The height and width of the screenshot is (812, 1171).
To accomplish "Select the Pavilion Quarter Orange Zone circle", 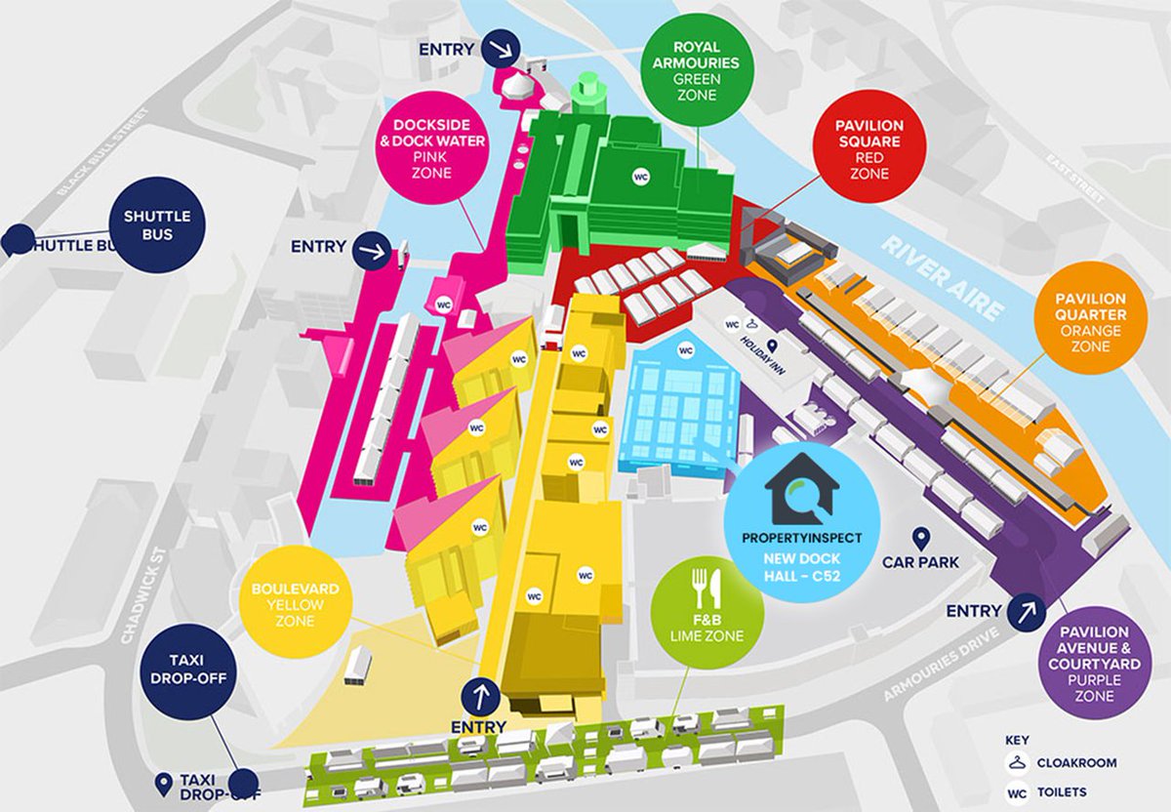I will click(x=1089, y=315).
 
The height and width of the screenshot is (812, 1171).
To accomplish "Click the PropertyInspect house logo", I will click(x=801, y=487).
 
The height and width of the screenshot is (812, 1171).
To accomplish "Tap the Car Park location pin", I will click(x=918, y=539).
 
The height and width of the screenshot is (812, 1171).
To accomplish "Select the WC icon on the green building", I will click(x=641, y=177).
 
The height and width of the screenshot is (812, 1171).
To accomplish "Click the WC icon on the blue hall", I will click(x=686, y=348).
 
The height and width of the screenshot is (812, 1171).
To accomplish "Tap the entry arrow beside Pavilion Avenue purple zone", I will click(x=1027, y=612).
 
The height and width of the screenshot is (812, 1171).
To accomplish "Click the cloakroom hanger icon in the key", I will click(x=1018, y=763).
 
